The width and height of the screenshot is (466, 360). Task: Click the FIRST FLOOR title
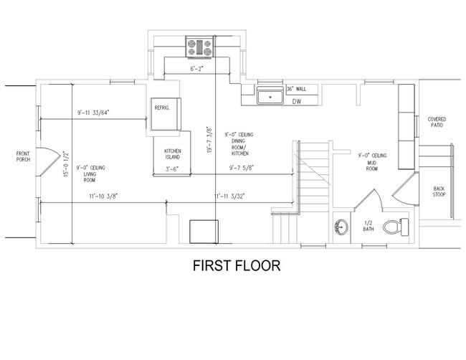(236, 265)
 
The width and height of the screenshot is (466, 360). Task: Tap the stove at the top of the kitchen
(200, 47)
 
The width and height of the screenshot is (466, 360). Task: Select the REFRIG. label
(161, 108)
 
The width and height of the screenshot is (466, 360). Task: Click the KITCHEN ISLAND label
(173, 154)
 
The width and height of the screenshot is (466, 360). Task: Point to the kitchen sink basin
(270, 95)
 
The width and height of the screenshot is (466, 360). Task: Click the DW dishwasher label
(296, 101)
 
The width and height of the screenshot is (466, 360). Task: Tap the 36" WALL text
(297, 89)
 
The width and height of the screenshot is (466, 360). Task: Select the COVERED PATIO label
(437, 122)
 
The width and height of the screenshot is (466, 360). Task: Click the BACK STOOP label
(439, 192)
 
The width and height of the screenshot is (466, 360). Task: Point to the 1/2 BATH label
(367, 226)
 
